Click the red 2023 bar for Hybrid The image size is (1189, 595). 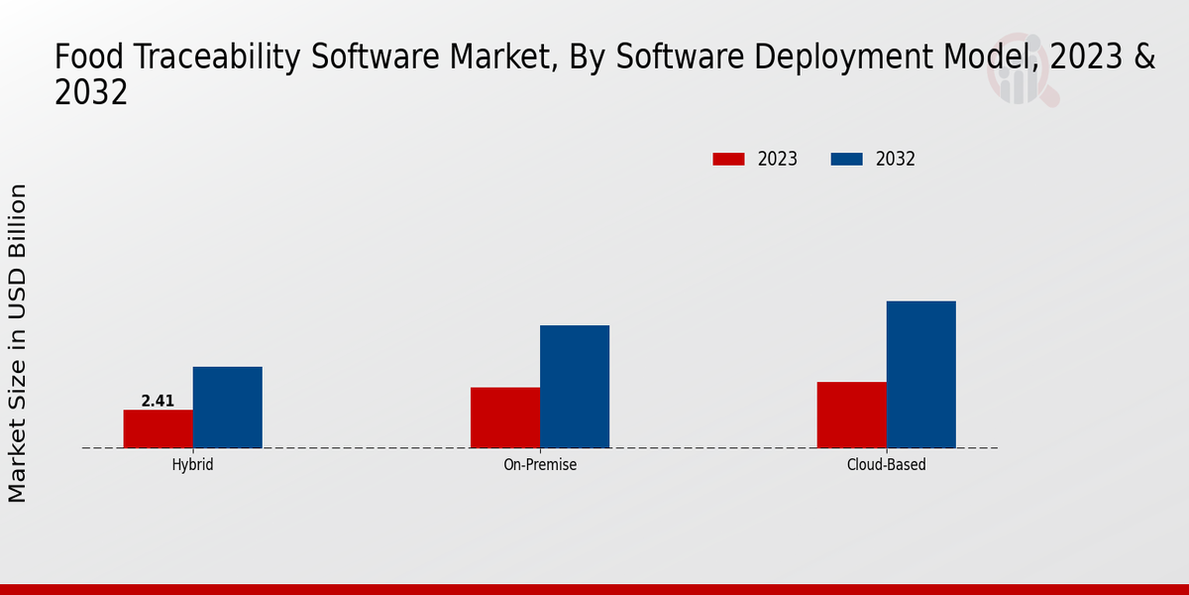click(159, 428)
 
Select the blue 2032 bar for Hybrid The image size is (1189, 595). click(228, 408)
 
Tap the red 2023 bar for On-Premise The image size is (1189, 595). click(505, 417)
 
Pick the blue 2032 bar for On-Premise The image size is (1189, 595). click(575, 387)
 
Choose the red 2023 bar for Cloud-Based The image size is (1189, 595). click(852, 415)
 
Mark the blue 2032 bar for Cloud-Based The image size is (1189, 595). click(921, 375)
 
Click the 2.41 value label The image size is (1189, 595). click(158, 401)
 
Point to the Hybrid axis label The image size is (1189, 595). click(192, 464)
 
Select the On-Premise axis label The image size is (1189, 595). click(540, 464)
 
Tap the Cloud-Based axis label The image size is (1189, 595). click(887, 464)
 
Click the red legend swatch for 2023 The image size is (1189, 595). click(728, 159)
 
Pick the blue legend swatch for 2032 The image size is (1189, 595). click(846, 159)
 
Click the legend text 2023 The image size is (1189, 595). click(778, 159)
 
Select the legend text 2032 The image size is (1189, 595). click(896, 159)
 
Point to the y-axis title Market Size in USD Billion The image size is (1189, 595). click(19, 342)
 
